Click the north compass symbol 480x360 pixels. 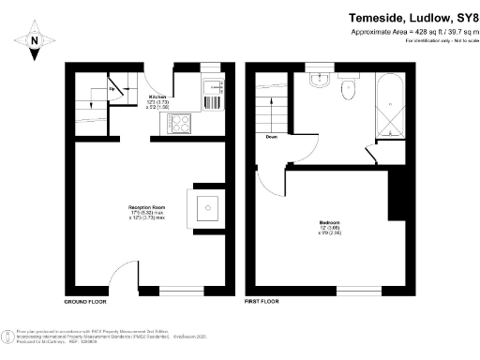[34, 39]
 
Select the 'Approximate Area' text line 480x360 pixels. [408, 32]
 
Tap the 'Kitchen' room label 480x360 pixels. [158, 96]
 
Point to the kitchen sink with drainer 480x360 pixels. [215, 91]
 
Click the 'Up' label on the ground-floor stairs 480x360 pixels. [113, 90]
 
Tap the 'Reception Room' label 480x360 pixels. [146, 206]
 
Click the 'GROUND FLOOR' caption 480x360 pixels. [84, 303]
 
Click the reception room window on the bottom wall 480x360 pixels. [177, 291]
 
